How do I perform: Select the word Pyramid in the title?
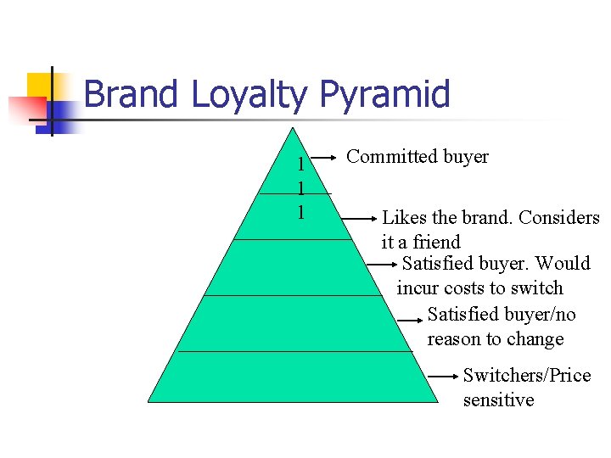(384, 94)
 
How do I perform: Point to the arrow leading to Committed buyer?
(325, 157)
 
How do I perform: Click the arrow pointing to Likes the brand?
(359, 218)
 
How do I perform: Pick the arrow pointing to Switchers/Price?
(444, 375)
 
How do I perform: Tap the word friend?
(436, 242)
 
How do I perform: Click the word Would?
(563, 264)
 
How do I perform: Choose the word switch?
(537, 288)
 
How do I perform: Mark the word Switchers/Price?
(527, 375)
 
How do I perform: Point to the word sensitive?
(498, 399)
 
